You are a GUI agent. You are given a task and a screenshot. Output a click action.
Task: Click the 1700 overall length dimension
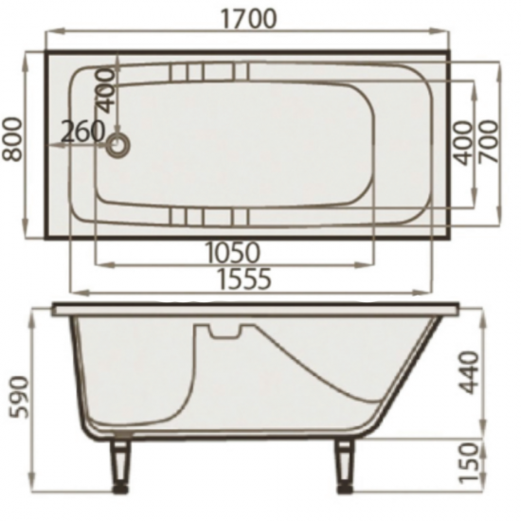coord(248,19)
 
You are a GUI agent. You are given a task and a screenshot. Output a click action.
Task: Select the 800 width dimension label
coord(12,139)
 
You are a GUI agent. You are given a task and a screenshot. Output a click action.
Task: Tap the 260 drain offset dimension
coord(82,132)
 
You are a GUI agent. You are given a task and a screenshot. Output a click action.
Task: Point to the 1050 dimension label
coord(232,253)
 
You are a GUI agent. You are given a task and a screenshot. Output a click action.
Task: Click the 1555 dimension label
coord(244,278)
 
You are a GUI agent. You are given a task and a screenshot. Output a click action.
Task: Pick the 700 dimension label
coord(489,142)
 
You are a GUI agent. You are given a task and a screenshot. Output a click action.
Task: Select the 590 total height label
coord(19,397)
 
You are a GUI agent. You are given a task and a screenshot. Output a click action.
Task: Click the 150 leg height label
coord(469,462)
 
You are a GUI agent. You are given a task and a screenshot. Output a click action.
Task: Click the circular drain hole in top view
coord(117,146)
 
